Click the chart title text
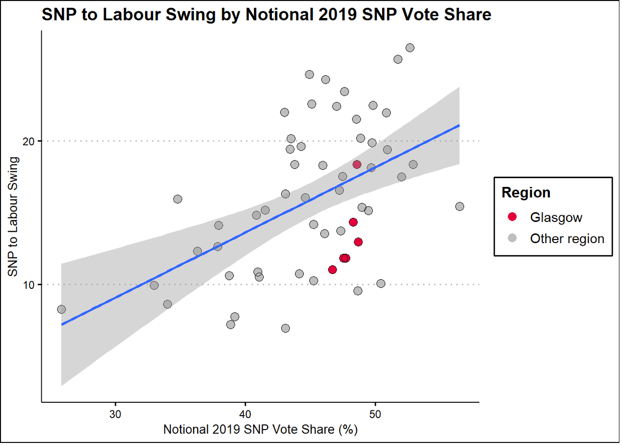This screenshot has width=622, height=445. [x=266, y=15]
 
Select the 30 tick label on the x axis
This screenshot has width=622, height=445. [x=115, y=414]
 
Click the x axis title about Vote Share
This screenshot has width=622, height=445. [x=260, y=429]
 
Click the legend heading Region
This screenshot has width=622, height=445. [x=526, y=193]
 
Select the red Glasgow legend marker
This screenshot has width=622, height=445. [x=512, y=217]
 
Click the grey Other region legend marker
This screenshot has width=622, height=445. [x=512, y=238]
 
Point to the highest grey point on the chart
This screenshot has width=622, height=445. [x=410, y=48]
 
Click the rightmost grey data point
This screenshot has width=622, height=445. [x=459, y=207]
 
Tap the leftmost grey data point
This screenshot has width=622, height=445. [x=61, y=310]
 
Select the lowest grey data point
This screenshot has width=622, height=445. [x=285, y=328]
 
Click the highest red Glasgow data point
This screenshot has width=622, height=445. [x=357, y=164]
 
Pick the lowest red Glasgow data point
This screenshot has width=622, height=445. [x=332, y=269]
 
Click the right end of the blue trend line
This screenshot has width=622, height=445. [x=459, y=125]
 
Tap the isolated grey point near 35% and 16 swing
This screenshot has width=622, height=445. [x=178, y=199]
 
